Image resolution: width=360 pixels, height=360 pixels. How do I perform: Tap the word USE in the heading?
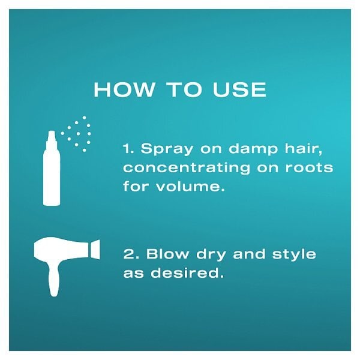(239, 89)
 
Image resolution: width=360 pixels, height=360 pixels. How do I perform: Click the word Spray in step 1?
(167, 149)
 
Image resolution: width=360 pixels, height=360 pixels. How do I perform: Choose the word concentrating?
(187, 167)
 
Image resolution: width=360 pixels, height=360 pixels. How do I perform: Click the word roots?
(309, 167)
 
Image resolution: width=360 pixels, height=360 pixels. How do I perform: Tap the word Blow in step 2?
(167, 253)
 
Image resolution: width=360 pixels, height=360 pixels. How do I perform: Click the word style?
(294, 254)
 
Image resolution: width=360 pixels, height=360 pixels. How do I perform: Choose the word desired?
(187, 272)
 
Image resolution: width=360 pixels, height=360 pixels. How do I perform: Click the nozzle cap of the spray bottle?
(52, 139)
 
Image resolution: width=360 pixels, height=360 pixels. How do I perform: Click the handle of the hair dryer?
(54, 278)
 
